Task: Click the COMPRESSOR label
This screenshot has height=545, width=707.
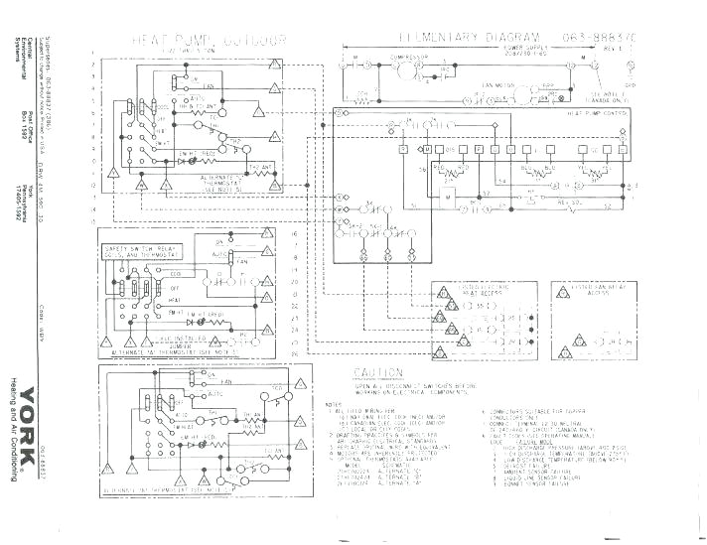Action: [408, 58]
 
